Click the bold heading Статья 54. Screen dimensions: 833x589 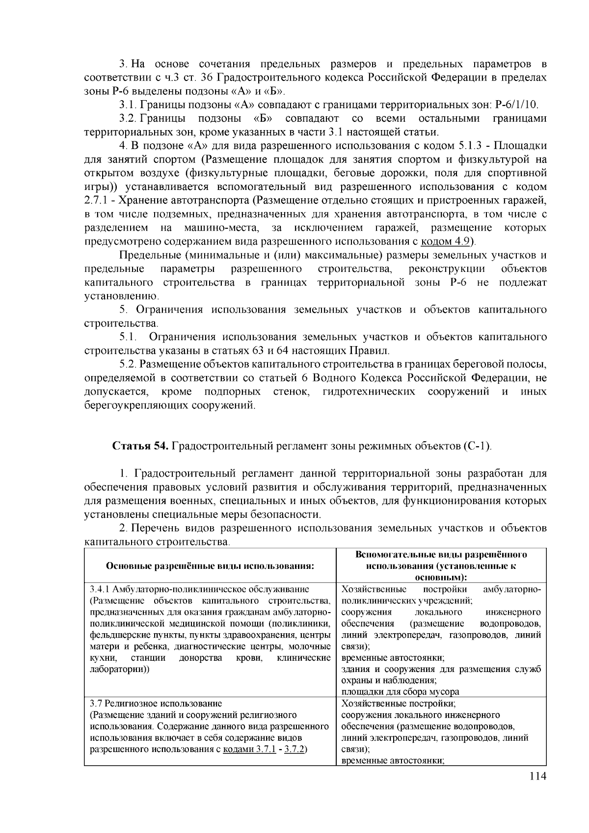pyautogui.click(x=141, y=446)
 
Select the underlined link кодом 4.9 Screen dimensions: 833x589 pyautogui.click(x=446, y=241)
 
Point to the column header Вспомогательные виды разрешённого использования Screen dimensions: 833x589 pyautogui.click(x=441, y=565)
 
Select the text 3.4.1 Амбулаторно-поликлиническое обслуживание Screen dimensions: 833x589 pyautogui.click(x=200, y=589)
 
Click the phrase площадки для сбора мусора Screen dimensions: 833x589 pyautogui.click(x=400, y=691)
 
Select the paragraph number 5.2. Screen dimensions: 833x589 pyautogui.click(x=127, y=364)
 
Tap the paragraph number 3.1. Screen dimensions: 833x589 pyautogui.click(x=127, y=105)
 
